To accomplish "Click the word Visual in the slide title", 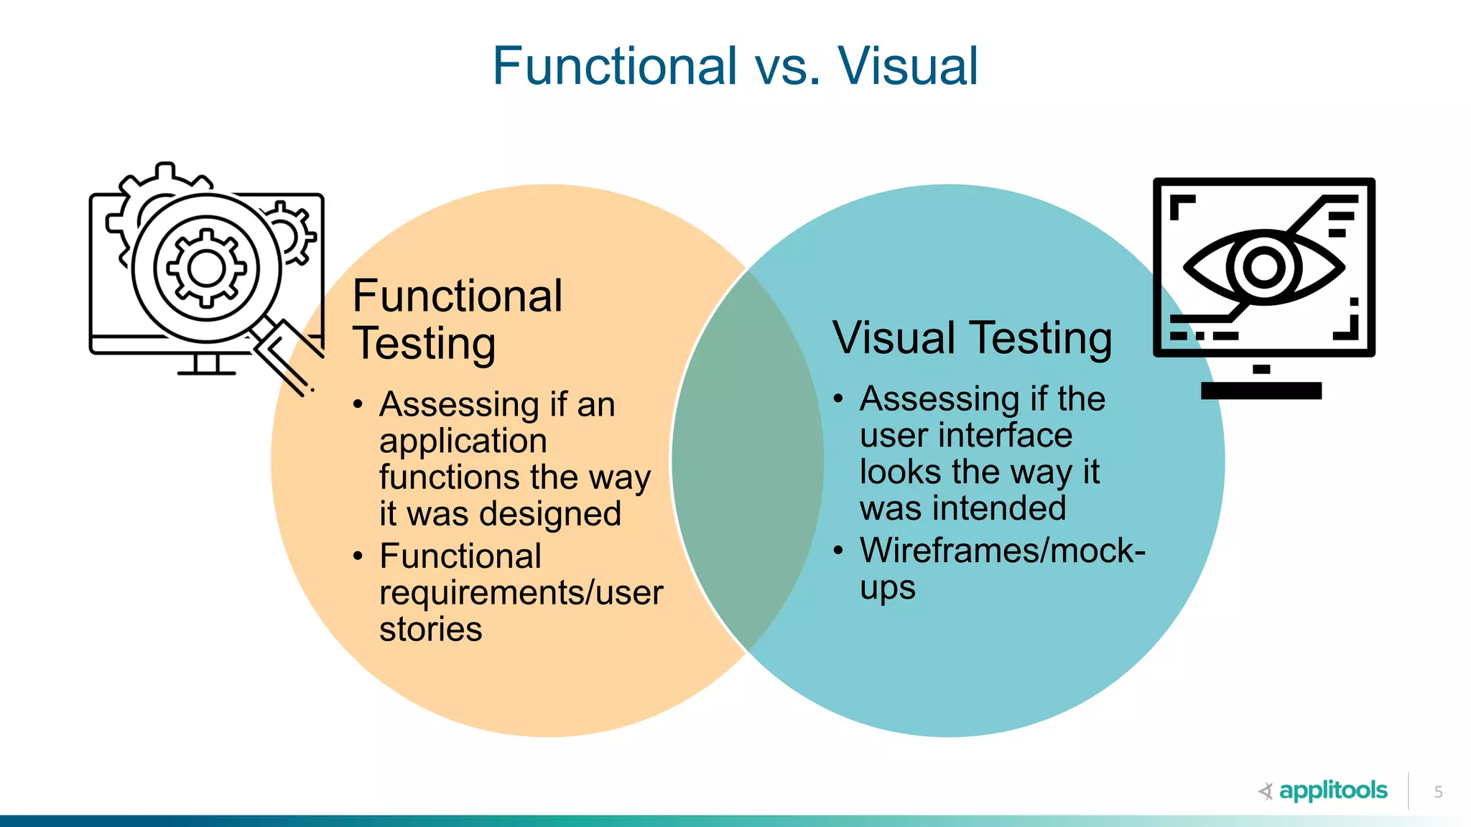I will pyautogui.click(x=908, y=66).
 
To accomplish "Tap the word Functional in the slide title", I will pyautogui.click(x=615, y=66).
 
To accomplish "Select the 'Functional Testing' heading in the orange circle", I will pyautogui.click(x=458, y=319).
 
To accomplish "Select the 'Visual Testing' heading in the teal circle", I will pyautogui.click(x=973, y=338).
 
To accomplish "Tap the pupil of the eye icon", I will pyautogui.click(x=1264, y=267).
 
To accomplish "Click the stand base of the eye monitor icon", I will pyautogui.click(x=1261, y=391).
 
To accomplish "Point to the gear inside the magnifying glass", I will pyautogui.click(x=206, y=268).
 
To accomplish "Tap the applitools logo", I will pyautogui.click(x=1323, y=790).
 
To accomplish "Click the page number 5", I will pyautogui.click(x=1438, y=792).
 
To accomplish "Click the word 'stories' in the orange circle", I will pyautogui.click(x=431, y=630).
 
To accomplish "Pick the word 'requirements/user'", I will pyautogui.click(x=521, y=593).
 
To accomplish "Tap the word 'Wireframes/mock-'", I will pyautogui.click(x=1003, y=551).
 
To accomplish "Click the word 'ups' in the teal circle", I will pyautogui.click(x=888, y=588).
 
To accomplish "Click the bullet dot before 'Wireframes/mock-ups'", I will pyautogui.click(x=838, y=551).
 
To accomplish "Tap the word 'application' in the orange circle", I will pyautogui.click(x=463, y=441).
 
